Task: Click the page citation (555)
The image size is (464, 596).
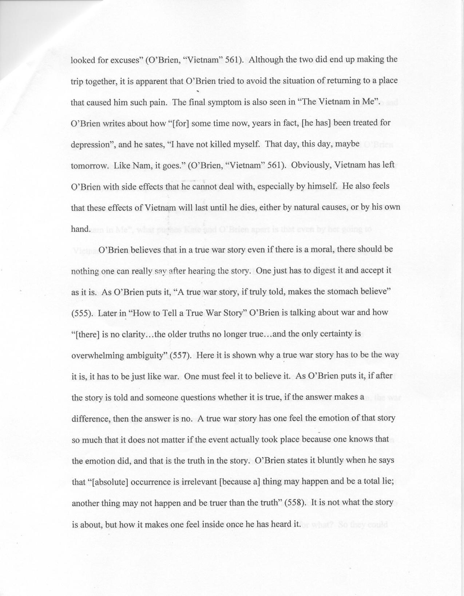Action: coord(80,313)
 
